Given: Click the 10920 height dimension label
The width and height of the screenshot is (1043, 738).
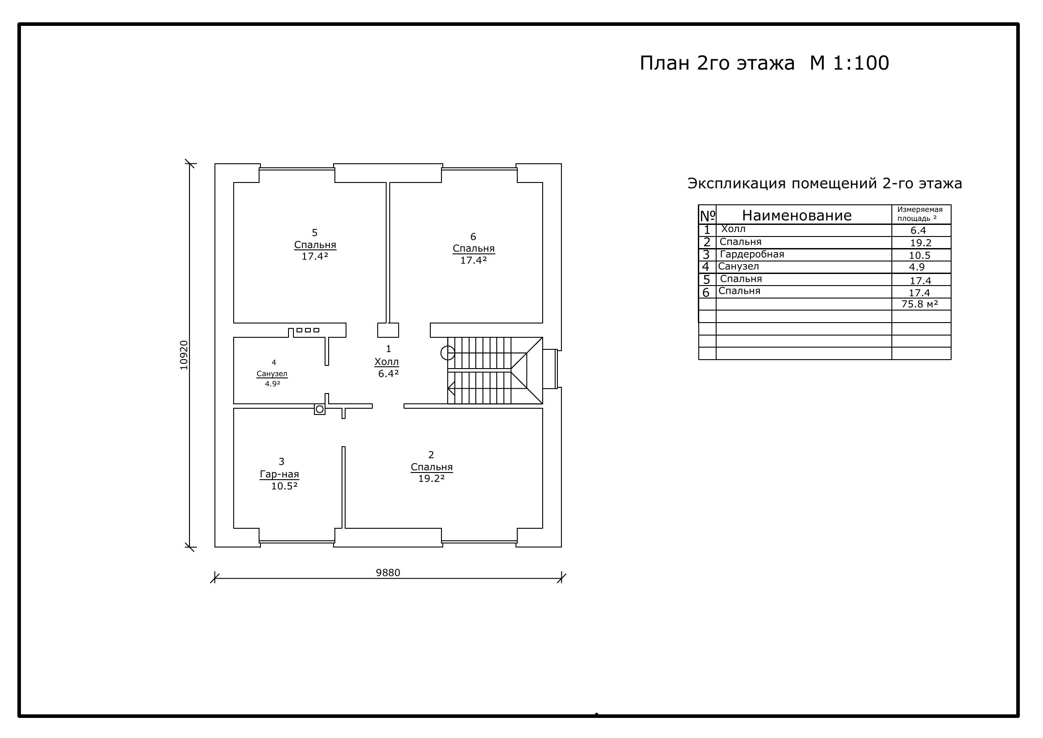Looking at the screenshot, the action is pos(184,355).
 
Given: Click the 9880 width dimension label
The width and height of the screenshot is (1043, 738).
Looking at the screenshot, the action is pos(388,572).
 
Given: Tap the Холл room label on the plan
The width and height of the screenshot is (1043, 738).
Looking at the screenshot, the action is pos(387,362).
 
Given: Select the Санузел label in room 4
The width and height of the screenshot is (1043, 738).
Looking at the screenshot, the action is pos(272,374).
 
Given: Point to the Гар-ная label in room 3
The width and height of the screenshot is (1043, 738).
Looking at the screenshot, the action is pos(280,474).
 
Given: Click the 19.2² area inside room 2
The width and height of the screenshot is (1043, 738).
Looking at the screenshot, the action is pos(432,478).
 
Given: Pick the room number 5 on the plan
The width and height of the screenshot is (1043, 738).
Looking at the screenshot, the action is pos(314,233).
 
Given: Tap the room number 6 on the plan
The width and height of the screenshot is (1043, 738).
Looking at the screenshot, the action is pos(473,237).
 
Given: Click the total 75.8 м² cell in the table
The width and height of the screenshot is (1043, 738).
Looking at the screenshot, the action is pos(920,304).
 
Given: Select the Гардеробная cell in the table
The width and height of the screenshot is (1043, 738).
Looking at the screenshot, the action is pos(752,254).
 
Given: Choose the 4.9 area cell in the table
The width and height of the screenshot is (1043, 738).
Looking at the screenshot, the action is pos(917,267).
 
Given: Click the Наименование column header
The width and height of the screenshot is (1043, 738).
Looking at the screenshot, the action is pos(797,216).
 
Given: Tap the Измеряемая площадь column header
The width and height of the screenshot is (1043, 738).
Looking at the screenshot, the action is pos(920,214).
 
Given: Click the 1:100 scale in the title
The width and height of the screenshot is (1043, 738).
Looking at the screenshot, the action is pos(861,63).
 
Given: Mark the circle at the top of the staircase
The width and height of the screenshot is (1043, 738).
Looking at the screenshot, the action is pos(447,352).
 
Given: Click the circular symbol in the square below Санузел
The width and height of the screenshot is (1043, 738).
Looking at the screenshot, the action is pos(320,410).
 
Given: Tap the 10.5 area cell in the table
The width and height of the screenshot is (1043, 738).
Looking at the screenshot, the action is pos(919,255).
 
